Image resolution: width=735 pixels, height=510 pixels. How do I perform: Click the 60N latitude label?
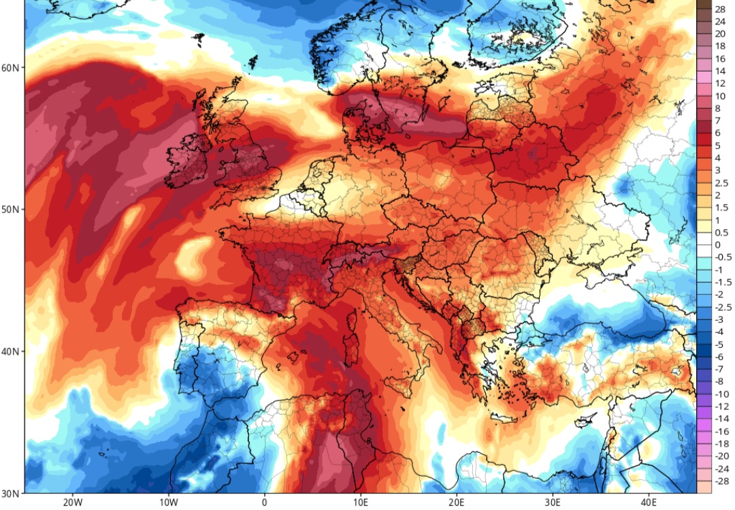pyautogui.click(x=10, y=67)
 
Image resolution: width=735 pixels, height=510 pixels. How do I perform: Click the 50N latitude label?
pyautogui.click(x=10, y=209)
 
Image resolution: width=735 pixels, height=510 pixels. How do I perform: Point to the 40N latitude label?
pyautogui.click(x=10, y=351)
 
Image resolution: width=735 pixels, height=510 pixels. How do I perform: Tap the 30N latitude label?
pyautogui.click(x=10, y=492)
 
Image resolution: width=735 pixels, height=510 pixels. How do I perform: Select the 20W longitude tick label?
pyautogui.click(x=72, y=503)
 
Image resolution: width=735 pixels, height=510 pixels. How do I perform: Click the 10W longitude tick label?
pyautogui.click(x=168, y=503)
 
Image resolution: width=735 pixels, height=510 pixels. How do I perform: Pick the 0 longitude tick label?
pyautogui.click(x=264, y=503)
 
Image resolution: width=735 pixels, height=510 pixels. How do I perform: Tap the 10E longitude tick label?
pyautogui.click(x=360, y=503)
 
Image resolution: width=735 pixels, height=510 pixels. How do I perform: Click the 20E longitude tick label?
pyautogui.click(x=456, y=503)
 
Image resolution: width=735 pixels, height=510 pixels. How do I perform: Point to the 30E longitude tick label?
pyautogui.click(x=552, y=503)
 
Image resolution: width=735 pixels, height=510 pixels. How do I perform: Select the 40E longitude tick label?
pyautogui.click(x=648, y=503)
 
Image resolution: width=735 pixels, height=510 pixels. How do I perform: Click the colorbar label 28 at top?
pyautogui.click(x=720, y=9)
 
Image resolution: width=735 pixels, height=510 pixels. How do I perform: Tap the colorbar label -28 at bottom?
pyautogui.click(x=720, y=481)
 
